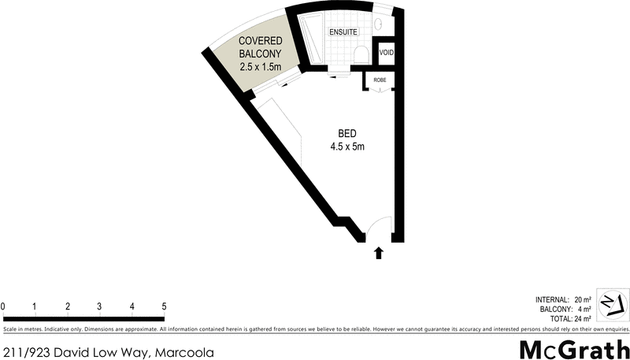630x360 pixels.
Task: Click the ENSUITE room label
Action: (343, 32)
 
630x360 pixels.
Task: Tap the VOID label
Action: (386, 53)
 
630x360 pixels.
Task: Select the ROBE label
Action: (380, 80)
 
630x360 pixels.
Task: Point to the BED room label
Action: (346, 132)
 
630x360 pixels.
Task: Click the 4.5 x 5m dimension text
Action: (346, 146)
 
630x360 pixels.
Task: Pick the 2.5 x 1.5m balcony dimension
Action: (260, 67)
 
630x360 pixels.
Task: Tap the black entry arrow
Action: (379, 253)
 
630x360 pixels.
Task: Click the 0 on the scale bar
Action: (3, 306)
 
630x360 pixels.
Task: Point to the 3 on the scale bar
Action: (99, 306)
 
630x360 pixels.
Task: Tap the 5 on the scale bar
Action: (164, 306)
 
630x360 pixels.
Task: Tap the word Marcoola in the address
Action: (186, 352)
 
